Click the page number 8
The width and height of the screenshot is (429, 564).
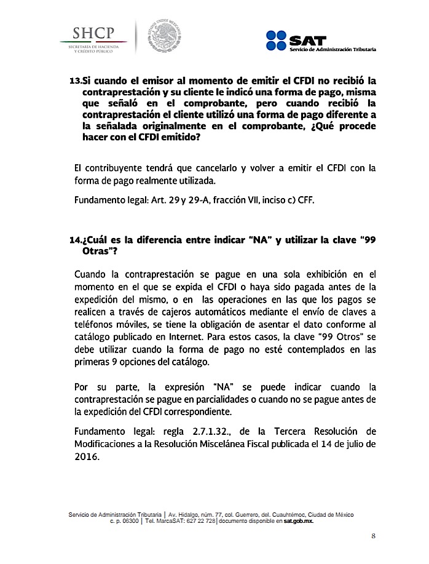coord(373,536)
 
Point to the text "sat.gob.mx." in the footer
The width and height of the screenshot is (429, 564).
coord(299,520)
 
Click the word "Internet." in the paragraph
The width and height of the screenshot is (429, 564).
coord(221,338)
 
